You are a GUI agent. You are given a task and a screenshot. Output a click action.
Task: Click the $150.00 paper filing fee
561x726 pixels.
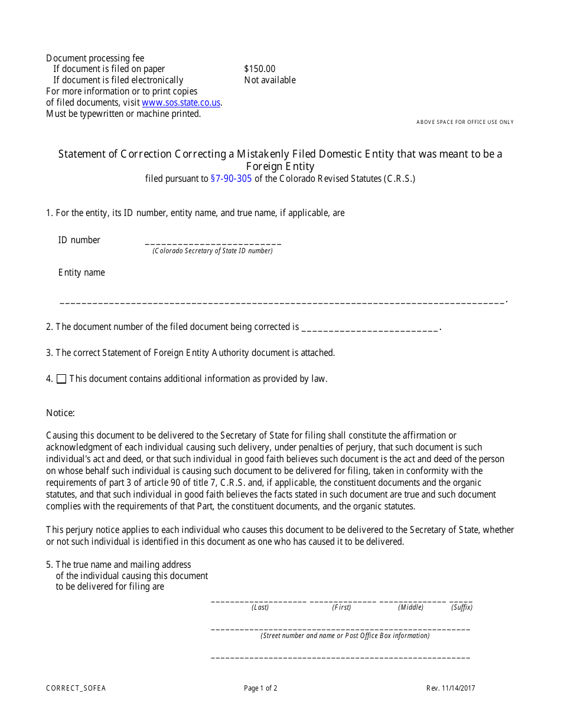pos(259,69)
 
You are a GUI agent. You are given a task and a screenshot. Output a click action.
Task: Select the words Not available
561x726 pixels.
pos(270,80)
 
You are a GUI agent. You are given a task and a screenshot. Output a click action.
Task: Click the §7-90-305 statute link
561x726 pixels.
pos(231,179)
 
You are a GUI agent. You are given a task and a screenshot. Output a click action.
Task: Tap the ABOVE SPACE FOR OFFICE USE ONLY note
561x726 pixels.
pos(465,122)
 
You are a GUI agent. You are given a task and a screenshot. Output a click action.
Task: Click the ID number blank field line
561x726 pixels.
pos(213,243)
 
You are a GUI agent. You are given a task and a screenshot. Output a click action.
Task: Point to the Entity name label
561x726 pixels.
pos(81,273)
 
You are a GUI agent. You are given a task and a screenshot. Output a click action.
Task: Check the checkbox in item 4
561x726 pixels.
pos(61,380)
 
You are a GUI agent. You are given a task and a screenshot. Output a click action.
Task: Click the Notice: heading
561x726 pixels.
pos(60,413)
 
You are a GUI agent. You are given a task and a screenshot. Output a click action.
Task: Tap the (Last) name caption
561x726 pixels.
pos(260,607)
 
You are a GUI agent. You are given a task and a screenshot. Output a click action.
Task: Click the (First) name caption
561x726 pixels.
pos(341,607)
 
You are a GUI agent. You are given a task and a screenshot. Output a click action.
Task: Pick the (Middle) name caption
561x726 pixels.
pos(410,607)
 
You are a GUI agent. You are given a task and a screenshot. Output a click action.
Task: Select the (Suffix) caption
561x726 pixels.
pos(462,607)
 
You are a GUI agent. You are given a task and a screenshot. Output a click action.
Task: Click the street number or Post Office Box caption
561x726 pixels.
pos(345,636)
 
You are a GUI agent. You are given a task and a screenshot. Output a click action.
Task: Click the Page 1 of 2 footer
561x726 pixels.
pos(260,688)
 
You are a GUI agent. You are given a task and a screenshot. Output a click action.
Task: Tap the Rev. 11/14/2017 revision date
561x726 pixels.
pos(451,688)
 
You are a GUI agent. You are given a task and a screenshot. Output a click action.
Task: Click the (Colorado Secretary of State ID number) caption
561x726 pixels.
pos(213,251)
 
